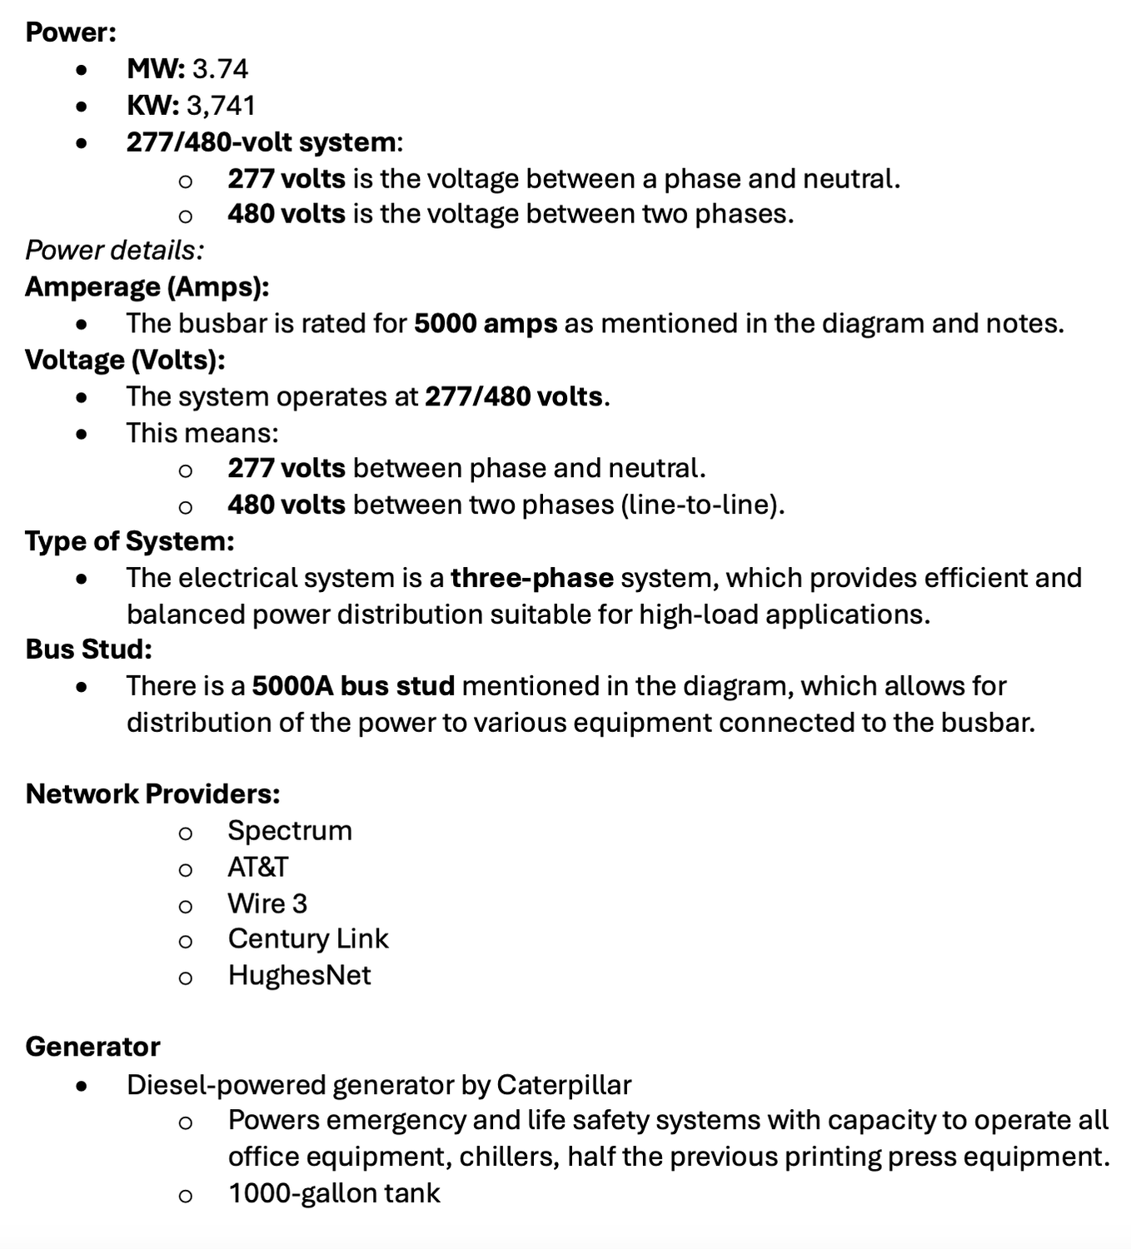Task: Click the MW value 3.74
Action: click(x=220, y=68)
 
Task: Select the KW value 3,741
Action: click(x=221, y=105)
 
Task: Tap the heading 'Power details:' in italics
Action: click(x=114, y=250)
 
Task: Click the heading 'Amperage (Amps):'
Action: click(x=147, y=286)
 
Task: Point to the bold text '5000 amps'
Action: click(x=486, y=323)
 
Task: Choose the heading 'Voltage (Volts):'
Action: click(x=126, y=360)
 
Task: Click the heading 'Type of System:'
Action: click(x=130, y=541)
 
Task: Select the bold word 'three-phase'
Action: click(x=532, y=578)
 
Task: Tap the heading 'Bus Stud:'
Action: click(x=89, y=649)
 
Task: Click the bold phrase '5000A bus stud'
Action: click(x=353, y=686)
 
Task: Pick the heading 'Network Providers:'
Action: click(x=153, y=794)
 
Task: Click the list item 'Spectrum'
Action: click(x=290, y=830)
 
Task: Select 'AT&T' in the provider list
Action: click(x=258, y=867)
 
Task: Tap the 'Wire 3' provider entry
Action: click(x=267, y=903)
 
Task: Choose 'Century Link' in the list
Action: click(x=308, y=938)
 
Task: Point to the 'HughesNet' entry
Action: click(x=300, y=975)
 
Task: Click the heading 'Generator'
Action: click(x=93, y=1047)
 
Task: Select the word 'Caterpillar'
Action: click(x=564, y=1085)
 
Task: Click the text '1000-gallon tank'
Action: click(x=334, y=1193)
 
